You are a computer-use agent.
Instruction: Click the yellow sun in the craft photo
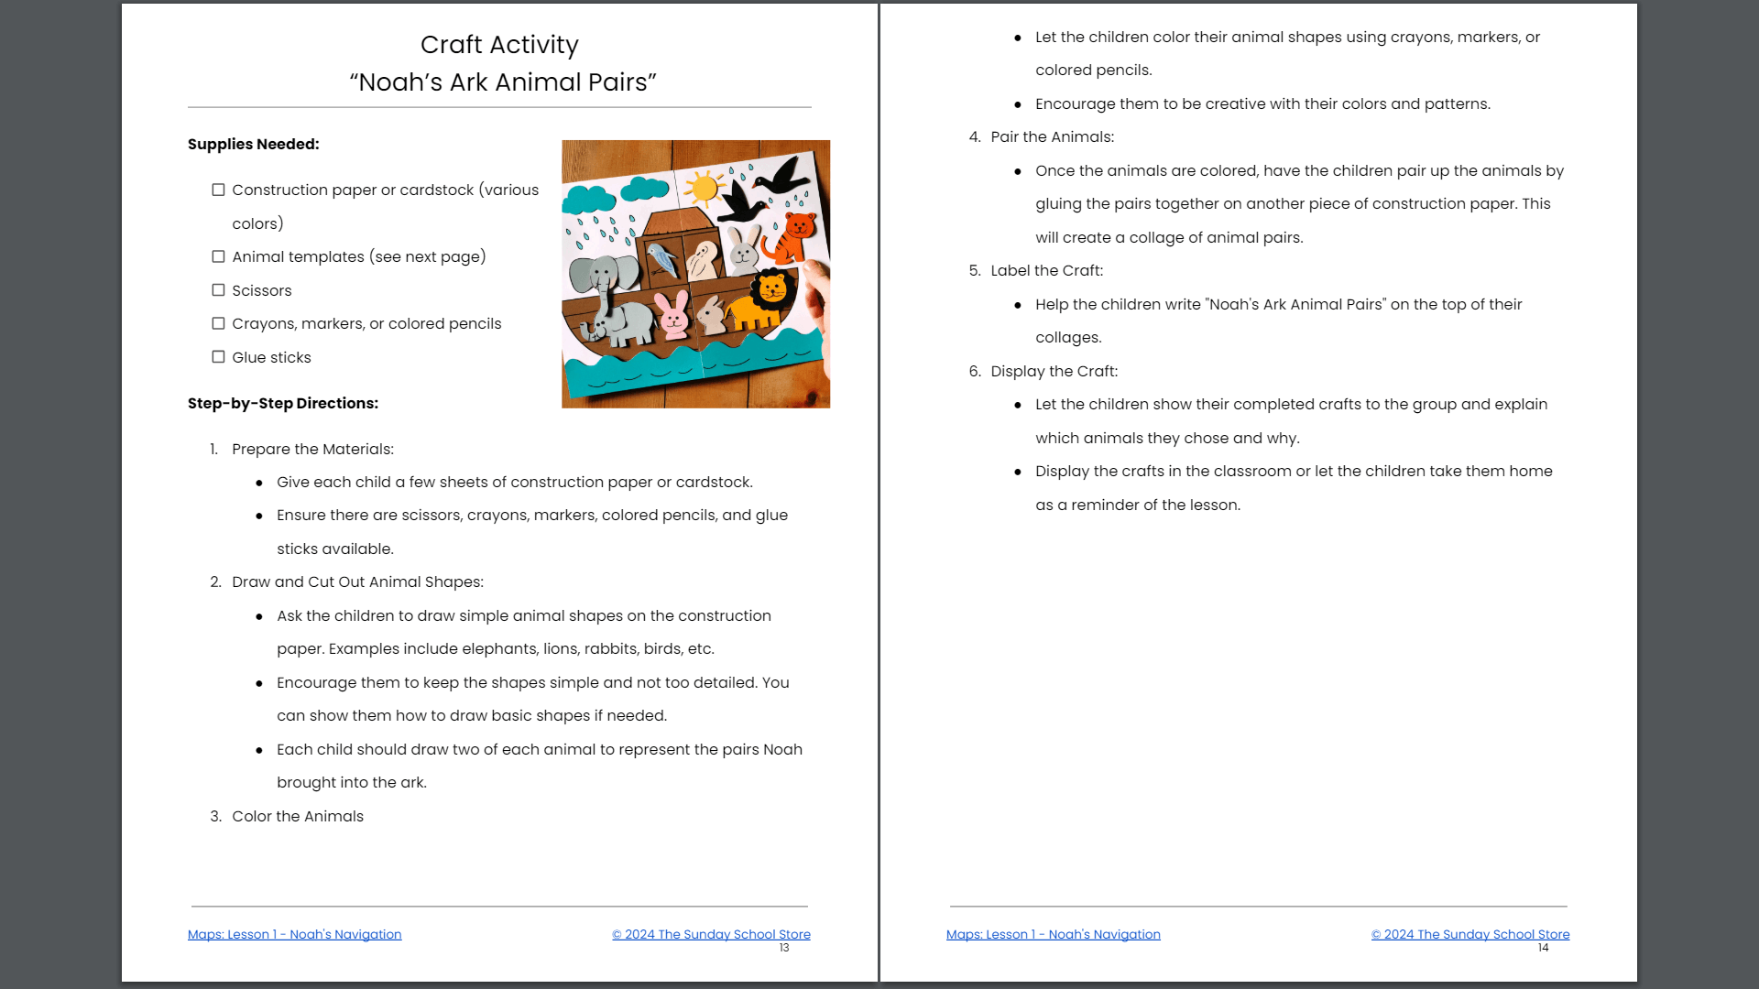704,189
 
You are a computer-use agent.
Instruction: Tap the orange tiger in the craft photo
793,235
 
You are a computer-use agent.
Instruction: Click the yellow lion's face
772,290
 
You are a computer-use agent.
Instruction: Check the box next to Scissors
218,290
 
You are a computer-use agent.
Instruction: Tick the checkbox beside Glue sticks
218,357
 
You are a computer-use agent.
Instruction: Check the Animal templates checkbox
218,256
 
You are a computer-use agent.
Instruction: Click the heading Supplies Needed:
253,144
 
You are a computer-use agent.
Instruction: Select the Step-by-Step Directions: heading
282,403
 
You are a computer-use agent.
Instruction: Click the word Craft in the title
451,45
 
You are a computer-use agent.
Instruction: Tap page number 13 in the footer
784,948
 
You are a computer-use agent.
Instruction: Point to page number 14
1543,948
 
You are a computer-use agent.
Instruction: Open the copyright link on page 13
711,934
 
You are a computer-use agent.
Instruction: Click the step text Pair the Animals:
1052,136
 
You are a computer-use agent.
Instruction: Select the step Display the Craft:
1054,371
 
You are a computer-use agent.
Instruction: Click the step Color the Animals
297,816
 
